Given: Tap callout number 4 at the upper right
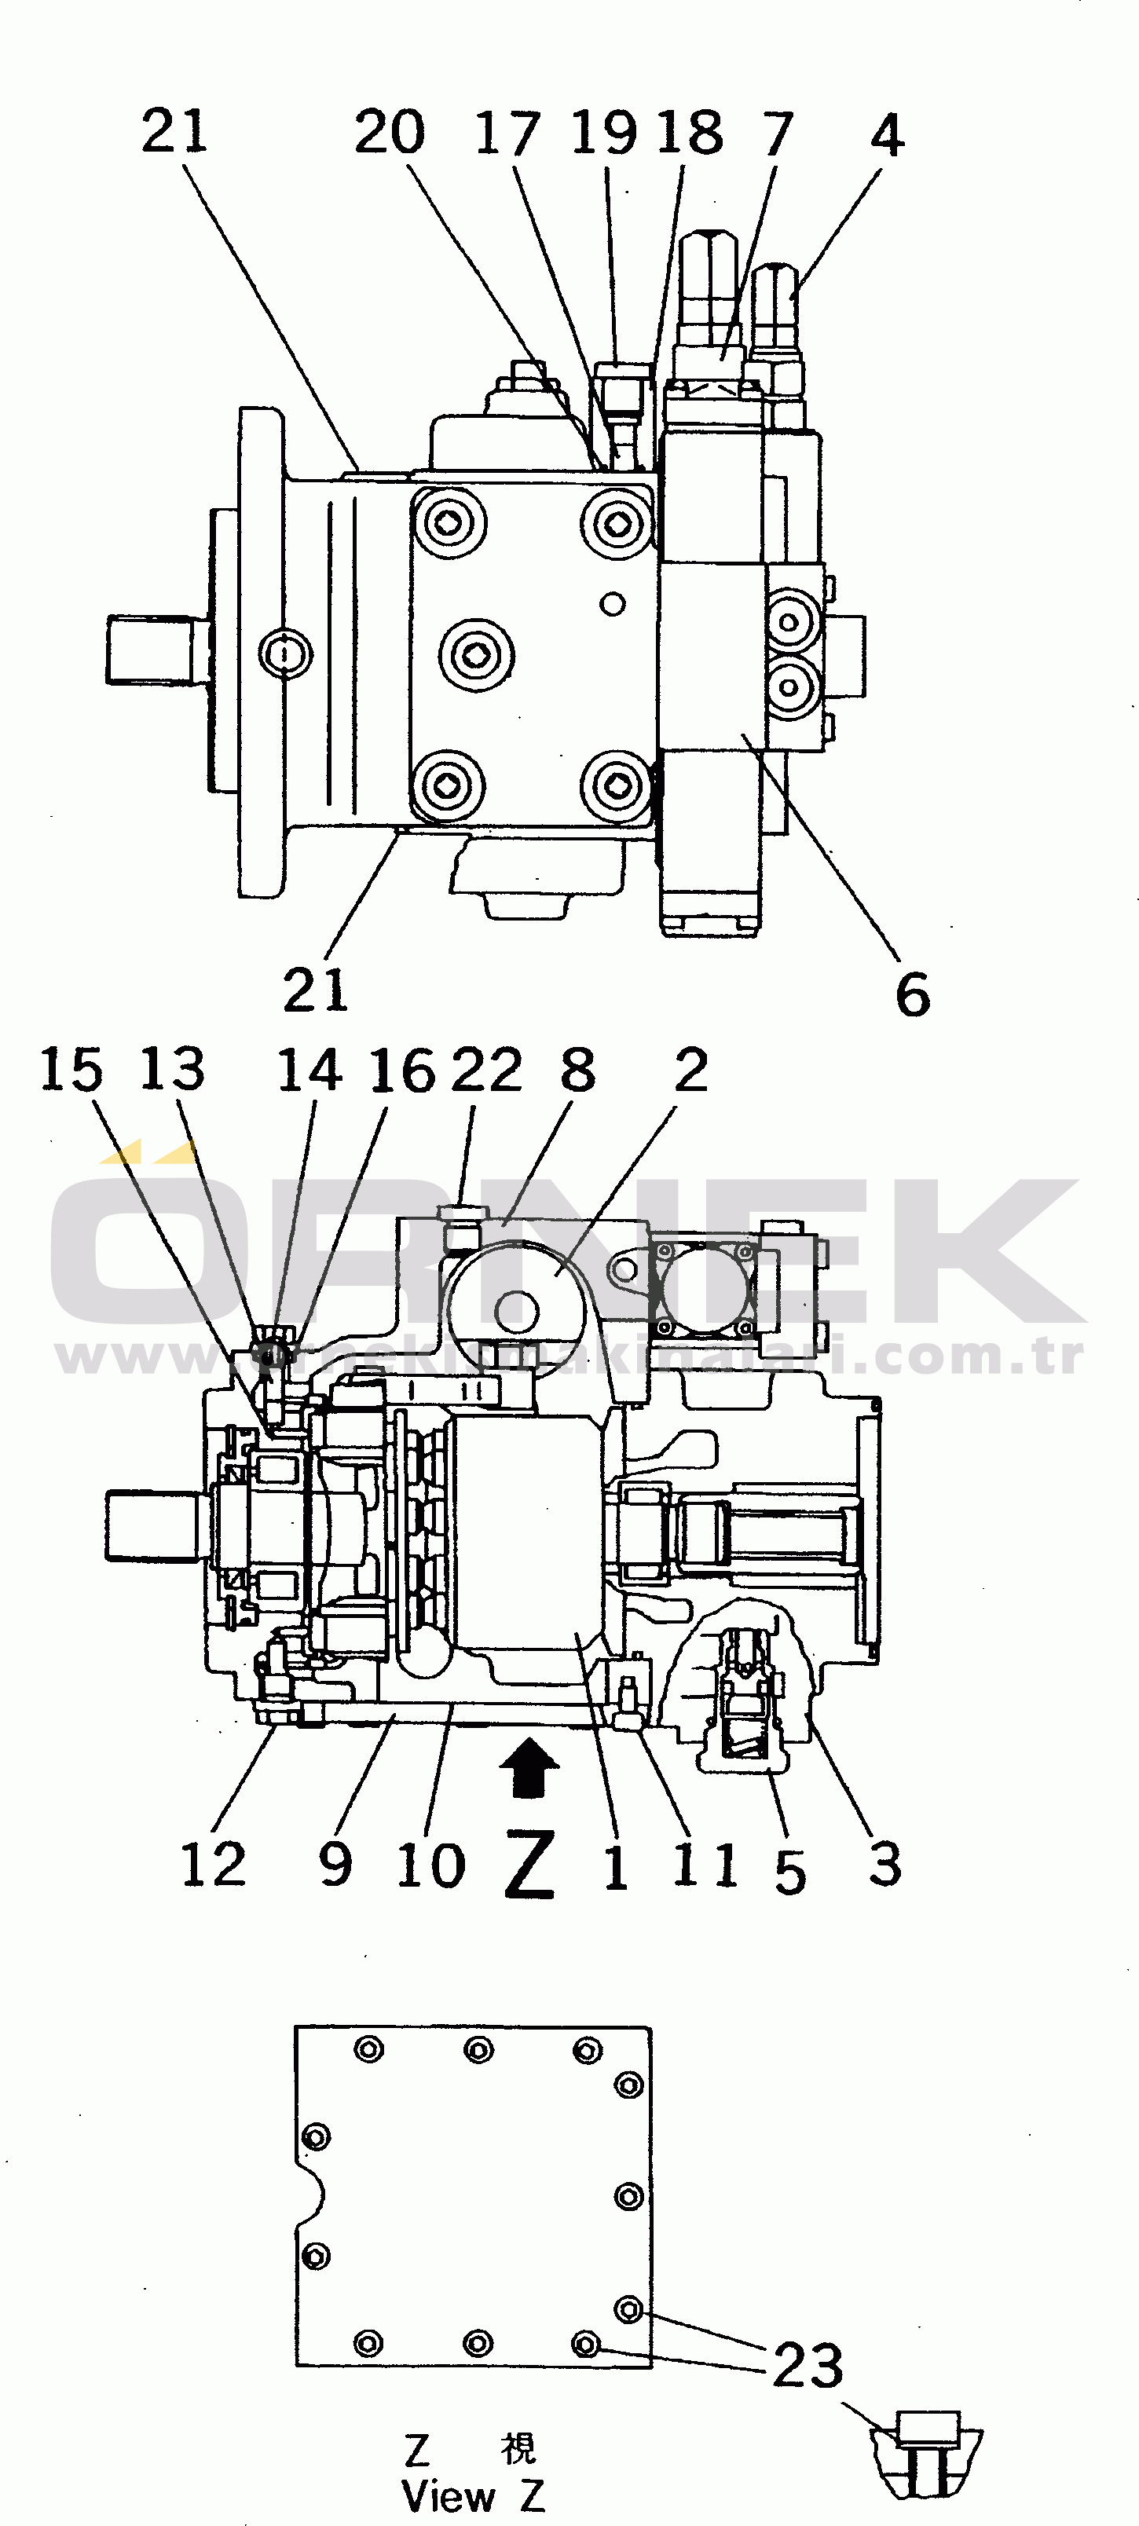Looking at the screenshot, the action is pos(887,134).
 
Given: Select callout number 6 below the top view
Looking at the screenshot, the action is pos(912,994).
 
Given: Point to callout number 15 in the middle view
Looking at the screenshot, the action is pos(71,1069).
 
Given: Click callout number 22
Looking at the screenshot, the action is pos(486,1069).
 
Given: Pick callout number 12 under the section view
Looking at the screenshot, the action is pos(213,1864).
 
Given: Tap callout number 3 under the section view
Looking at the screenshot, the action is pos(885,1864).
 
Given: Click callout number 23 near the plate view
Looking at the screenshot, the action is pos(808,2364).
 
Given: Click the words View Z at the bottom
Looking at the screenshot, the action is pos(473,2495).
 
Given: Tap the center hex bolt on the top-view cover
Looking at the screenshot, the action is pos(477,654).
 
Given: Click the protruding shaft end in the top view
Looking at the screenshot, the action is pos(157,649).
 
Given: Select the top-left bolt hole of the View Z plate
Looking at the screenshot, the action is pos(369,2049).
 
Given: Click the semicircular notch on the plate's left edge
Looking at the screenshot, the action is pos(312,2198).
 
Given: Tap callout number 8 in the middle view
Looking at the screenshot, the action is pos(578,1069).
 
